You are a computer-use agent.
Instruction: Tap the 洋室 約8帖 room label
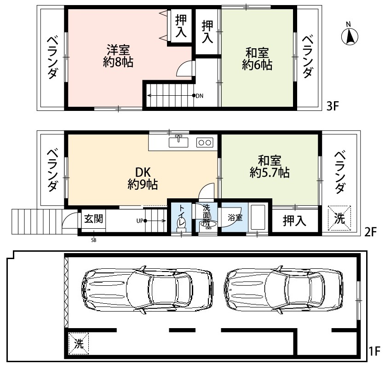point(118,56)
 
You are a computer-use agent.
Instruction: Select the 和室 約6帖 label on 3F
point(257,59)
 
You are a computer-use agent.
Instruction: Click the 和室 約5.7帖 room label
point(270,167)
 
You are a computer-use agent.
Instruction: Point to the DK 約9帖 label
point(143,179)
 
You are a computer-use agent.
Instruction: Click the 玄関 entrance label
point(93,219)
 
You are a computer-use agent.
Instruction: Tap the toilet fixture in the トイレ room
point(182,224)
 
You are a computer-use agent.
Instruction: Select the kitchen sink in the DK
point(178,142)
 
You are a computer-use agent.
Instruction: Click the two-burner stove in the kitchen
point(205,143)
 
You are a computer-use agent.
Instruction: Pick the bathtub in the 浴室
point(258,217)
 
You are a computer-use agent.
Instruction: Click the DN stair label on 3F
point(200,96)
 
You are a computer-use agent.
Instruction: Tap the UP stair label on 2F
point(140,221)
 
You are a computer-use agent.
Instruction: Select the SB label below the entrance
point(93,240)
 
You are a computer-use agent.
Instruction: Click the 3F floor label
point(333,106)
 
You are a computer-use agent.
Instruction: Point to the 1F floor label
point(374,351)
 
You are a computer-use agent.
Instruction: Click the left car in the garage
point(147,290)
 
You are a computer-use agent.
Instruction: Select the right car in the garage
point(284,290)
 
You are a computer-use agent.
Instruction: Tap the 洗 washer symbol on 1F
point(79,343)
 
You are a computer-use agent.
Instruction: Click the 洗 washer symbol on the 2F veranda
point(339,218)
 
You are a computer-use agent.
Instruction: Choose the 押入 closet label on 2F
point(294,220)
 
